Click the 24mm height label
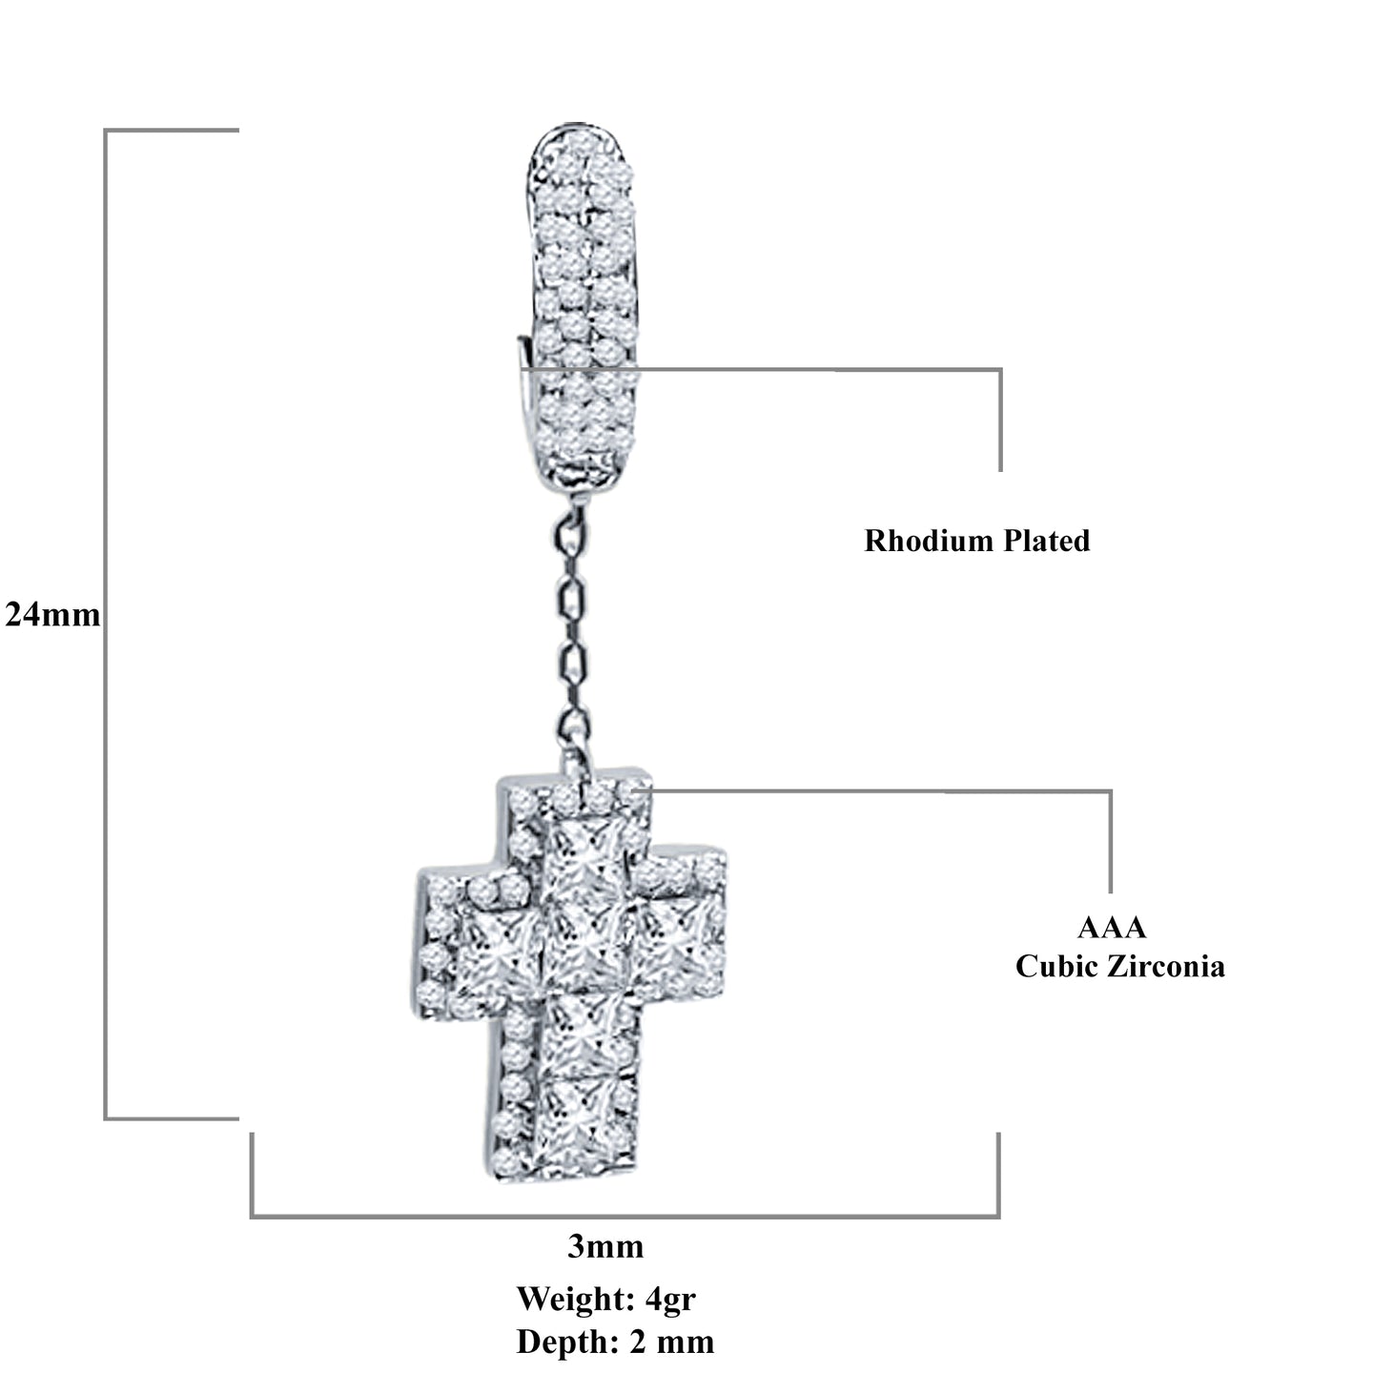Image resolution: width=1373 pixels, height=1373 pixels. [x=52, y=615]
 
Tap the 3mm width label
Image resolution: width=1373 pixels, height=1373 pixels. [x=605, y=1246]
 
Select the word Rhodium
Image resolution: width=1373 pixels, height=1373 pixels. [x=915, y=541]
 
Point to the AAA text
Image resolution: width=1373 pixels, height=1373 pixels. [x=1112, y=927]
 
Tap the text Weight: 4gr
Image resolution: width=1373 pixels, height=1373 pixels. [x=605, y=1298]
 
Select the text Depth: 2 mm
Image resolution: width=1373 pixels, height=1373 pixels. [x=615, y=1342]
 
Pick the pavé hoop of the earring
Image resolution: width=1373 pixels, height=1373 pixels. [x=583, y=305]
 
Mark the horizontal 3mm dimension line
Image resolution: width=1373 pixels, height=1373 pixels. [x=625, y=1216]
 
